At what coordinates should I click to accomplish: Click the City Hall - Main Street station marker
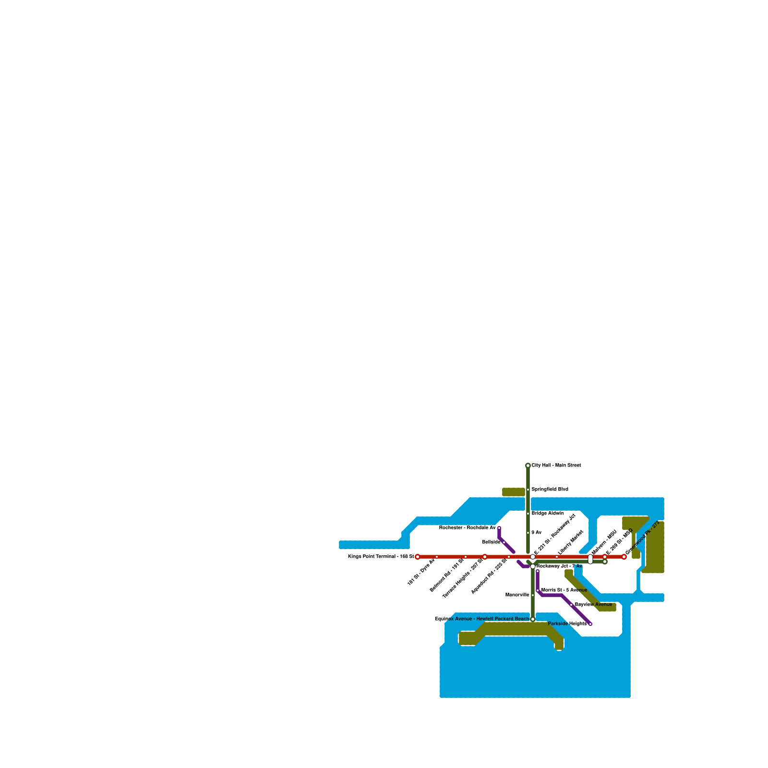528,466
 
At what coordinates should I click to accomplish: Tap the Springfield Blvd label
550,490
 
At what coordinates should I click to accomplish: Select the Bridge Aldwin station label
548,514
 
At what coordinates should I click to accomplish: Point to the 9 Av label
537,533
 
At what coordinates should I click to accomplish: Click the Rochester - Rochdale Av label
467,528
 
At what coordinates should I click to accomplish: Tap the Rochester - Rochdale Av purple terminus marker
499,528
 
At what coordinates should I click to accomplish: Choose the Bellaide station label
491,542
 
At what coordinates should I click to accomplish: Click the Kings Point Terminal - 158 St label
381,557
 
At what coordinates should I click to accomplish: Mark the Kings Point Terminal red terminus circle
418,557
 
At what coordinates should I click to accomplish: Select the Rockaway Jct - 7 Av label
559,566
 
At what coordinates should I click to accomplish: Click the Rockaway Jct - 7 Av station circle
533,566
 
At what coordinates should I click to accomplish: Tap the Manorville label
517,595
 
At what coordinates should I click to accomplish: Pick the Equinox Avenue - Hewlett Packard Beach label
482,619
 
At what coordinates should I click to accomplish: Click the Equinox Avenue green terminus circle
533,619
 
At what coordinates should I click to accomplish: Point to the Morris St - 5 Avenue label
564,590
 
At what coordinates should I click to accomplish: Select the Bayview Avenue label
593,605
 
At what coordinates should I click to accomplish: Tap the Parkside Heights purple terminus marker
590,624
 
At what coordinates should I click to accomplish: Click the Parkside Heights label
567,624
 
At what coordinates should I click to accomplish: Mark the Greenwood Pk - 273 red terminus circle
624,557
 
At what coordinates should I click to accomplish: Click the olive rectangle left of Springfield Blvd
514,492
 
